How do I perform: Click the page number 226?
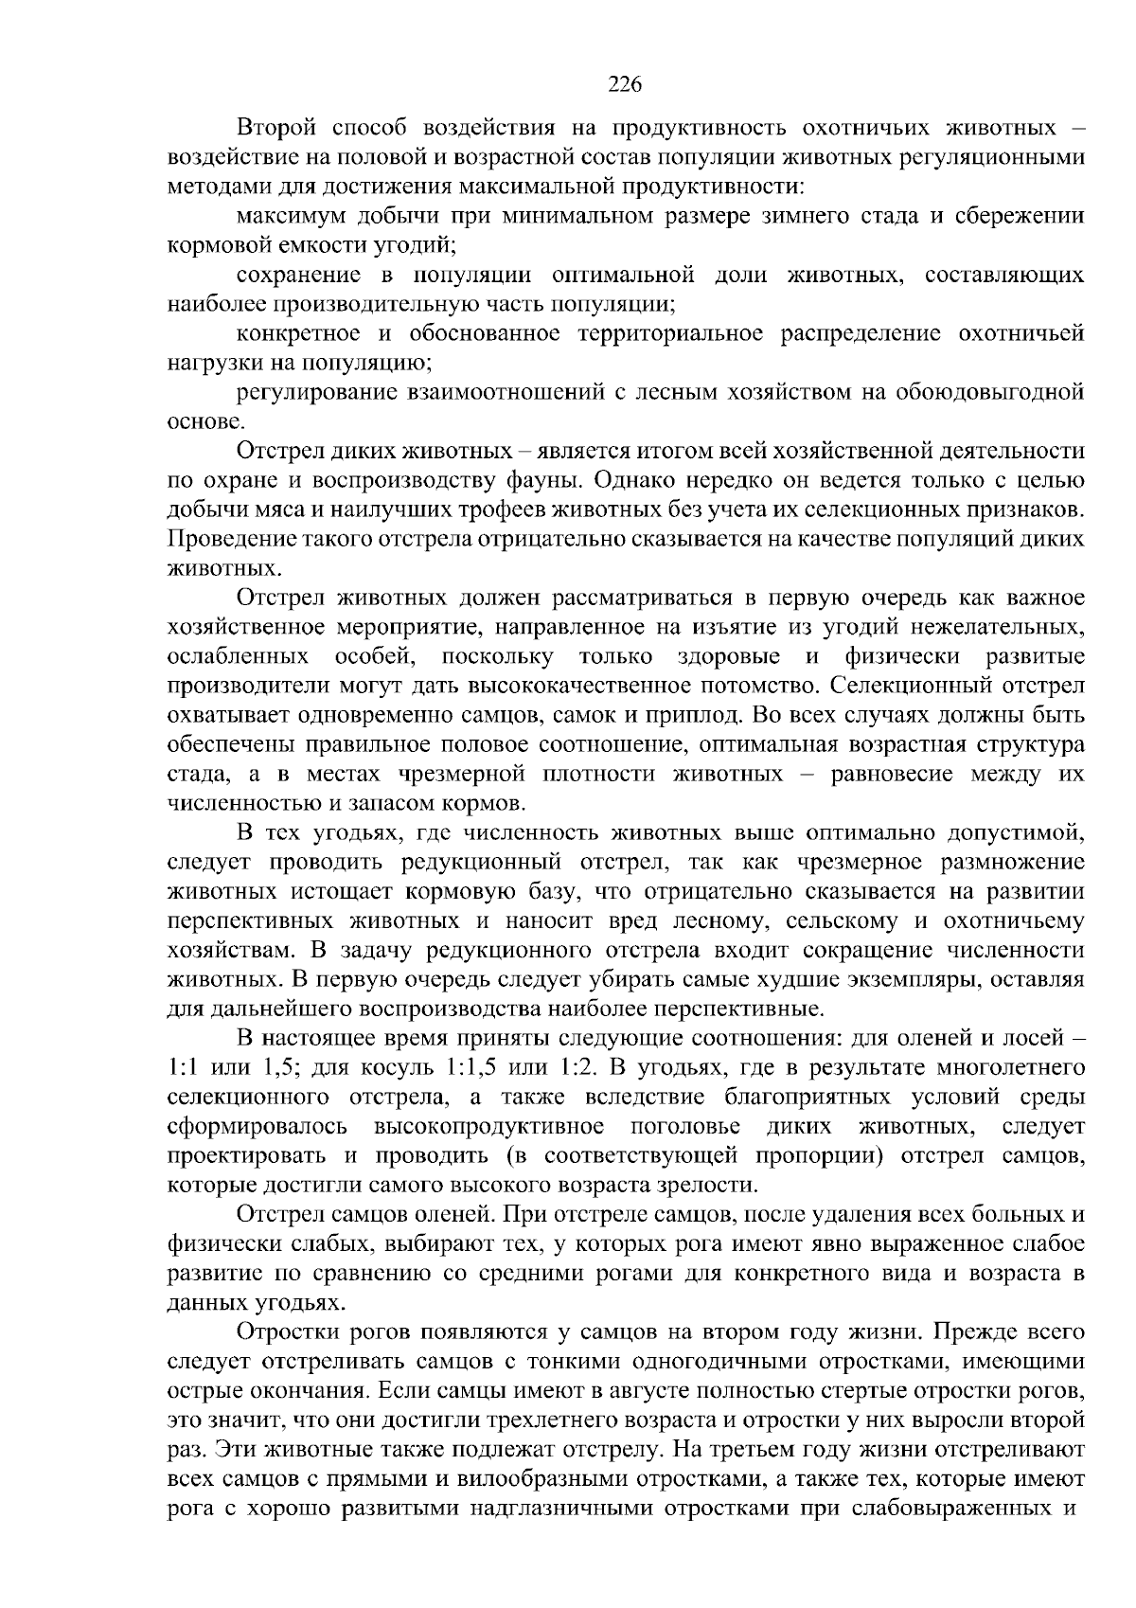(624, 84)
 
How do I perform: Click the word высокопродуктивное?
(489, 1127)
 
